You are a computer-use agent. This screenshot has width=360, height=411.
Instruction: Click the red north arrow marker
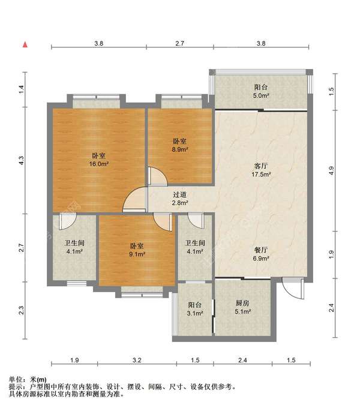25,44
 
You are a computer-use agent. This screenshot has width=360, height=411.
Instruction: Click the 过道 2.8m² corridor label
180,199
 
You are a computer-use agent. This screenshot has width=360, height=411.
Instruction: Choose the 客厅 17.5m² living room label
261,170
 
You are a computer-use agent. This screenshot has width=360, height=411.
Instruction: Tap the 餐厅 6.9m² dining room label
261,254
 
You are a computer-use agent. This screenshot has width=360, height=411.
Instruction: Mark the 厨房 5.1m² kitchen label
242,307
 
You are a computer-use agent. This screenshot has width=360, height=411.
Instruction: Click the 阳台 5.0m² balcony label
261,91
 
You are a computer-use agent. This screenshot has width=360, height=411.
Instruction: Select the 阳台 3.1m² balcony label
195,309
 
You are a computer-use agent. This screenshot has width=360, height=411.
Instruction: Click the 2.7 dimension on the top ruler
179,43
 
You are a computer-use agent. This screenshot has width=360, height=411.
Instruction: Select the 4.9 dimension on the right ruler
331,171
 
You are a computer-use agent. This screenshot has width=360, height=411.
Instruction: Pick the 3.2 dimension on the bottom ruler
137,360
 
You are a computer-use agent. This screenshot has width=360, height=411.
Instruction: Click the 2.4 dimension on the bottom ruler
242,360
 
